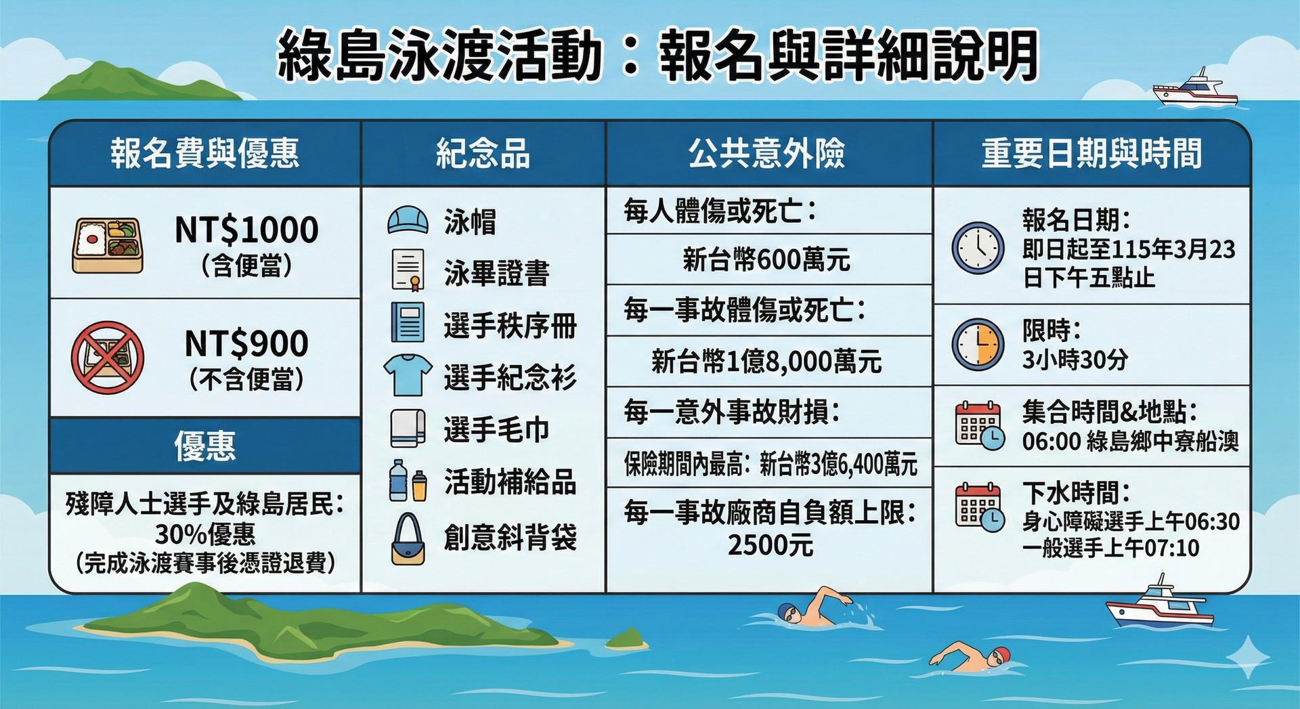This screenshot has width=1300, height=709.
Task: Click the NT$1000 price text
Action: (x=246, y=230)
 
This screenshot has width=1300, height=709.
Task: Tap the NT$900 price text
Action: (x=246, y=343)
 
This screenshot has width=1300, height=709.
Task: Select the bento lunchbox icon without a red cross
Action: (x=108, y=245)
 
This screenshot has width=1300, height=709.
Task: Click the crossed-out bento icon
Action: (x=108, y=358)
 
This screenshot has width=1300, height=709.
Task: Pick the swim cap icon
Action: (x=408, y=220)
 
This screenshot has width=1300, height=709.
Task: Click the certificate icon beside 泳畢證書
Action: (x=408, y=270)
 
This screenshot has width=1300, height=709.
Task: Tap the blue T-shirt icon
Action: (x=408, y=374)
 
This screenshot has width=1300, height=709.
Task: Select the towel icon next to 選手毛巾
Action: (x=408, y=428)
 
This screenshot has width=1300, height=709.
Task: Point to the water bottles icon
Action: (x=408, y=480)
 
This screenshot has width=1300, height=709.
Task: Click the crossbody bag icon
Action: (x=408, y=539)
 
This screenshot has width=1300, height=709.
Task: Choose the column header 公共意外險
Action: (x=767, y=153)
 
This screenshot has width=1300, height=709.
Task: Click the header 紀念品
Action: (x=483, y=153)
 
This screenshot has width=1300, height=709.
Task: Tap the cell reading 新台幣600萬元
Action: (x=766, y=259)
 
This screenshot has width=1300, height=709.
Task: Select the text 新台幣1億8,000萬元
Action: (x=766, y=362)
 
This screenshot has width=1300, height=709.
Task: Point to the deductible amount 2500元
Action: (x=771, y=544)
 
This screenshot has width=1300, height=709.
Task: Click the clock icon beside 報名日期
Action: (x=978, y=248)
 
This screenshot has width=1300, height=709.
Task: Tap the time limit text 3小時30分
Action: (x=1075, y=360)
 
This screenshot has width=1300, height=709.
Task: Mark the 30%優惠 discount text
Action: (x=205, y=534)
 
